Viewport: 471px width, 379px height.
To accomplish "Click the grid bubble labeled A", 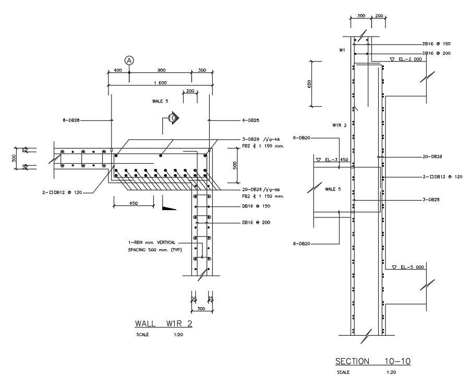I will pyautogui.click(x=129, y=60).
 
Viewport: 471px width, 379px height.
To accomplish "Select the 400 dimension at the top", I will pyautogui.click(x=118, y=70).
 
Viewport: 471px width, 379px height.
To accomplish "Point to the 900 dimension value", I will pyautogui.click(x=161, y=70).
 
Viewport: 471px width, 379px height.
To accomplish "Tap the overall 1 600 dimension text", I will pyautogui.click(x=160, y=83).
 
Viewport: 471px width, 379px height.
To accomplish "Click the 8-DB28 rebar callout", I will pyautogui.click(x=71, y=120).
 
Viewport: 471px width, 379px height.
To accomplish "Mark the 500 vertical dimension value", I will pyautogui.click(x=235, y=165).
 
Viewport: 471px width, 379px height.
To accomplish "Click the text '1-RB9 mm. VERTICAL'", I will pyautogui.click(x=152, y=242).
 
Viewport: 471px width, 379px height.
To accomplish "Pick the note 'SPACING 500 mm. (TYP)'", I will pyautogui.click(x=154, y=250).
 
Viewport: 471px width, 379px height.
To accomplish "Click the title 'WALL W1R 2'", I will pyautogui.click(x=163, y=323).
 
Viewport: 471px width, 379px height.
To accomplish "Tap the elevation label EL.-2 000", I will pyautogui.click(x=409, y=59).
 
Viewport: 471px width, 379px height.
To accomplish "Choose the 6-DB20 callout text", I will pyautogui.click(x=303, y=138).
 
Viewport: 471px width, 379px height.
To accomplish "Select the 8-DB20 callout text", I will pyautogui.click(x=303, y=243).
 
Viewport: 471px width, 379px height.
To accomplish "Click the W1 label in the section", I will pyautogui.click(x=342, y=51).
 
